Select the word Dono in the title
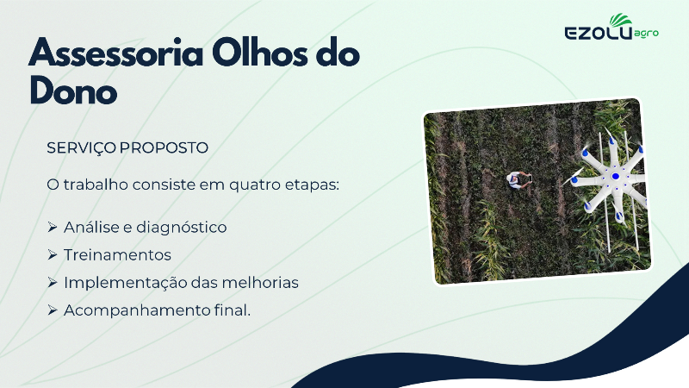(x=73, y=91)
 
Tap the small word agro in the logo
(x=647, y=34)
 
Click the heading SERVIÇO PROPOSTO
(x=127, y=147)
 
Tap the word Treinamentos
(x=117, y=255)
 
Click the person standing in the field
(x=518, y=179)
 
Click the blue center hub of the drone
(x=615, y=177)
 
